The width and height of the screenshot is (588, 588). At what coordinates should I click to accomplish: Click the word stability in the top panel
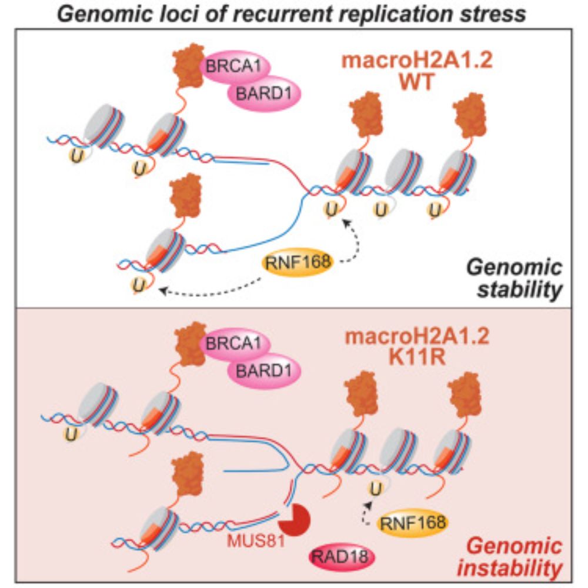(x=526, y=290)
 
